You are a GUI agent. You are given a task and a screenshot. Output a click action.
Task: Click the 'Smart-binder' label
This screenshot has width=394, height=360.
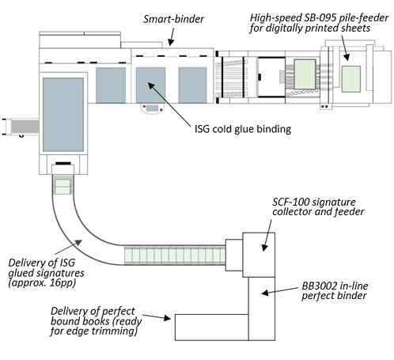tap(173, 19)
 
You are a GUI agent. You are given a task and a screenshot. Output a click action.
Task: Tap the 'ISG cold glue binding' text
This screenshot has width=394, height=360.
tap(243, 129)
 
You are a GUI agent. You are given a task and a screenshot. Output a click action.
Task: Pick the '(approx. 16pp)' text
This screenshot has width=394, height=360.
tap(42, 282)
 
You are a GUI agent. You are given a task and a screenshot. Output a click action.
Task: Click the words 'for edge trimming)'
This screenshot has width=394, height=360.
tap(94, 331)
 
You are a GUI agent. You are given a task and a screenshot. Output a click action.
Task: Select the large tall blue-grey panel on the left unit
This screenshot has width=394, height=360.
tap(63, 115)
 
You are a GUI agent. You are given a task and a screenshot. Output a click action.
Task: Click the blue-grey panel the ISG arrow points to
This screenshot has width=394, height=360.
tap(150, 85)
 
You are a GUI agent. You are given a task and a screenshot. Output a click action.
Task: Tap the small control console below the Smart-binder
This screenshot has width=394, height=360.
tap(153, 108)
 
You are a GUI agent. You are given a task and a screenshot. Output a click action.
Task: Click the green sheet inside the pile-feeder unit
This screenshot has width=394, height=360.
tap(351, 79)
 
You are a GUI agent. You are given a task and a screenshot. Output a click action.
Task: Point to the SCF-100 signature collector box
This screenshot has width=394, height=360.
tap(259, 255)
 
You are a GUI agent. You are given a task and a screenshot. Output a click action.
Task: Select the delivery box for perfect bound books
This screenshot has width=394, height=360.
tap(212, 328)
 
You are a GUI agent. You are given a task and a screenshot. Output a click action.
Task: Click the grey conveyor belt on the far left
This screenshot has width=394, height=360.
tap(25, 127)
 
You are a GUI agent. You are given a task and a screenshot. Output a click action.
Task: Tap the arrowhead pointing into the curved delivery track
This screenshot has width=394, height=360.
tap(78, 242)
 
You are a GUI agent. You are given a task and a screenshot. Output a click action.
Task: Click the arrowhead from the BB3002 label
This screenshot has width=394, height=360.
tap(265, 293)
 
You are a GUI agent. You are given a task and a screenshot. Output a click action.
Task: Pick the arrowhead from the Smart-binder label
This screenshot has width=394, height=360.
tap(171, 42)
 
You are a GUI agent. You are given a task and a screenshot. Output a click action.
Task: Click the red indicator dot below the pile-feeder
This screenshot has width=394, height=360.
tap(323, 107)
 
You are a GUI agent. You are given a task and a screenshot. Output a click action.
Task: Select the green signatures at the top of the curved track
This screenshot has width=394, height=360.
tap(63, 187)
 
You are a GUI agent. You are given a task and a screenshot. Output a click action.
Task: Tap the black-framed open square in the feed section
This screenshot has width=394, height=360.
tap(271, 78)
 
